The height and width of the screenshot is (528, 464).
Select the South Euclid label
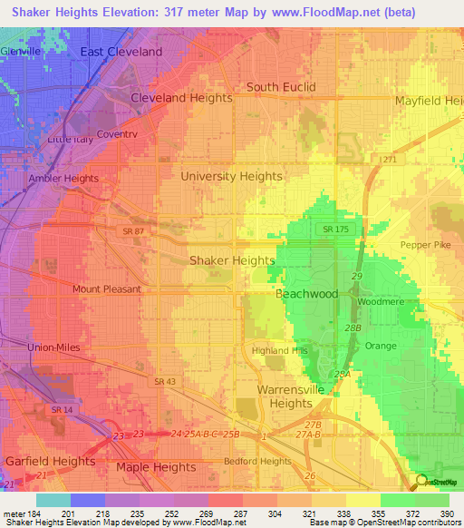click(x=281, y=87)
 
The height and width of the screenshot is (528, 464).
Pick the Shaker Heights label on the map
click(x=231, y=260)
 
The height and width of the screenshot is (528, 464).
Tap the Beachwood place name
click(x=306, y=294)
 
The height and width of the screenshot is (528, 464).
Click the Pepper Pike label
click(x=425, y=245)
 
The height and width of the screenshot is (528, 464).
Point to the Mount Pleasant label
click(x=107, y=289)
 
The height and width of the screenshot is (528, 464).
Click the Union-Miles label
click(x=53, y=347)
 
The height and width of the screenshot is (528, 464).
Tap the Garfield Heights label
click(x=50, y=461)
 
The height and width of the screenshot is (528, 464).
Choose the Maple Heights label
click(x=155, y=467)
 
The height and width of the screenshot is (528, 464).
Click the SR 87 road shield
click(x=134, y=232)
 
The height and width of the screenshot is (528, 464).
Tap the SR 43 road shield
click(x=164, y=381)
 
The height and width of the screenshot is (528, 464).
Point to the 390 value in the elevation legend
click(x=448, y=514)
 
